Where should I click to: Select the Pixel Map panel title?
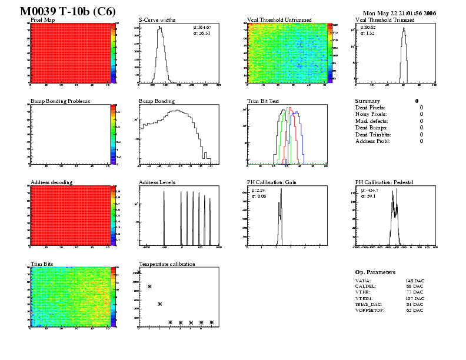coord(43,20)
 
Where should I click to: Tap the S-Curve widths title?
coord(157,20)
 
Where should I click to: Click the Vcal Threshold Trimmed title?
coord(385,20)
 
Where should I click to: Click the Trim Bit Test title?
coord(263,101)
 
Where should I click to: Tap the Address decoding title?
coord(51,182)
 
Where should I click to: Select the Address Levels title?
coord(157,182)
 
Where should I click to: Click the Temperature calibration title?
coord(167,264)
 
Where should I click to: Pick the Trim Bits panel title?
coord(42,264)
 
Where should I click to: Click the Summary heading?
coord(368,101)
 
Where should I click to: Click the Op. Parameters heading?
coord(375,272)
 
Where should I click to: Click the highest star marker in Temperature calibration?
coord(139,272)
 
